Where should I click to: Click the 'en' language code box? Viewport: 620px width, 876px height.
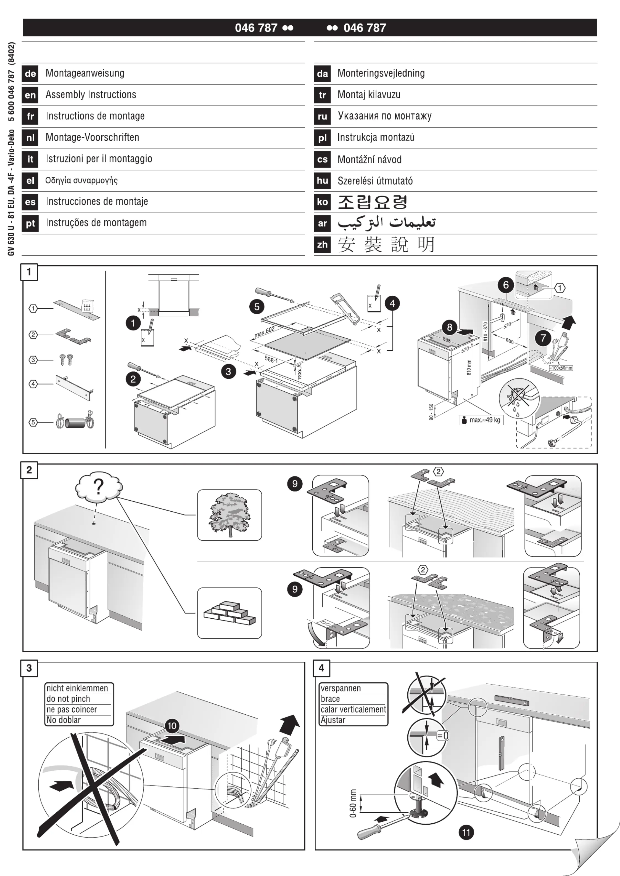pyautogui.click(x=30, y=95)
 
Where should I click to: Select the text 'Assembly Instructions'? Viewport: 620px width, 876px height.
pyautogui.click(x=91, y=95)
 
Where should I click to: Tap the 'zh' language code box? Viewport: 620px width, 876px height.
pyautogui.click(x=322, y=245)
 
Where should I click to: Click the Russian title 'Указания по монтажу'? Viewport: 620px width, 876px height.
pyautogui.click(x=384, y=116)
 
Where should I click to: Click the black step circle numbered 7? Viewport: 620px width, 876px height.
pyautogui.click(x=543, y=337)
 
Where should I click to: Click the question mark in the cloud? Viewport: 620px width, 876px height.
pyautogui.click(x=99, y=487)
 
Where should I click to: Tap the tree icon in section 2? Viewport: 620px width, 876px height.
pyautogui.click(x=229, y=515)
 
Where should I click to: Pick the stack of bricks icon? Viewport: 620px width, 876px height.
pyautogui.click(x=229, y=613)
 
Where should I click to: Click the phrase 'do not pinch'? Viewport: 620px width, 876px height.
pyautogui.click(x=68, y=699)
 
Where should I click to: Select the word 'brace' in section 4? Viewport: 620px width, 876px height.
pyautogui.click(x=331, y=699)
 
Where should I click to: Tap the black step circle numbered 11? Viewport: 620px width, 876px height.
pyautogui.click(x=466, y=832)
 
